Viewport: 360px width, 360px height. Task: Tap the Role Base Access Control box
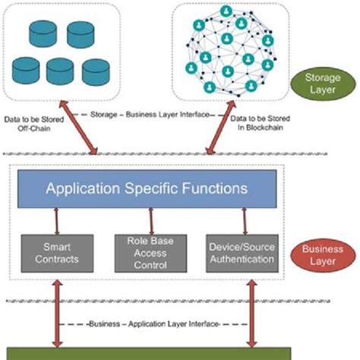(151, 253)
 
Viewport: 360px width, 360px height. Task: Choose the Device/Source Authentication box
(241, 253)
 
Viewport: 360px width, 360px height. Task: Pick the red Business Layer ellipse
(321, 253)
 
